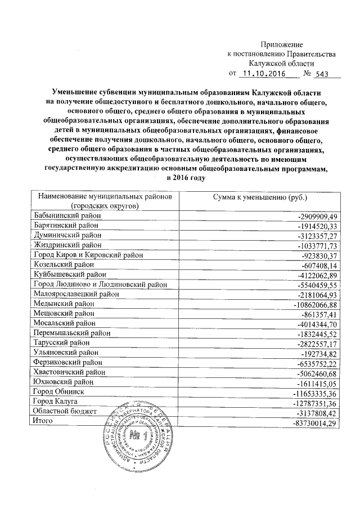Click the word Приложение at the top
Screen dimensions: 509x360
(282, 44)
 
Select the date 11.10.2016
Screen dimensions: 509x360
(262, 74)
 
